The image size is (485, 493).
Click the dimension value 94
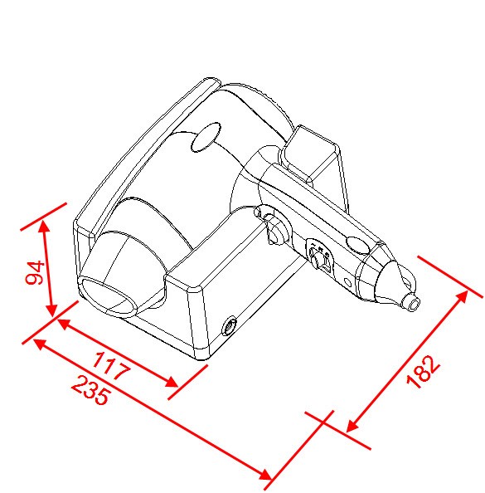[x=35, y=272]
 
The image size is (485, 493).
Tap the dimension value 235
[x=91, y=390]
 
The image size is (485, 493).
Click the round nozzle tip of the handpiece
[x=411, y=302]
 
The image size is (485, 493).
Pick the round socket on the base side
[x=229, y=326]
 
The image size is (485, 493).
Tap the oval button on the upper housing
[x=206, y=137]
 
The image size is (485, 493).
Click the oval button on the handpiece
[x=358, y=245]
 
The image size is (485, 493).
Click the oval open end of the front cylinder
[x=108, y=295]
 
